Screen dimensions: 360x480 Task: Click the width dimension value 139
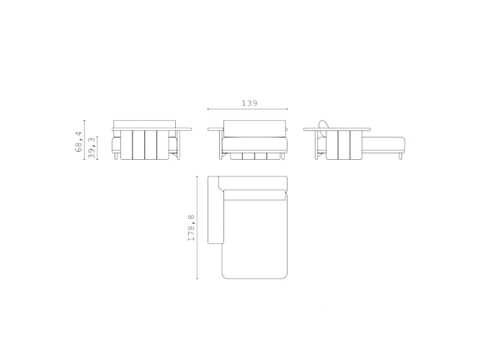(x=249, y=104)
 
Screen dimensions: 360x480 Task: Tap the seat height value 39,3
(x=91, y=148)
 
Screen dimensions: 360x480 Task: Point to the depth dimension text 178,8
(x=191, y=227)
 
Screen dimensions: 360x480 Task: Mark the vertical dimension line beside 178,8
(x=197, y=228)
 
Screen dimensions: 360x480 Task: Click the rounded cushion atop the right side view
(x=324, y=124)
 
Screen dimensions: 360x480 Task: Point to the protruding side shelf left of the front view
(x=215, y=130)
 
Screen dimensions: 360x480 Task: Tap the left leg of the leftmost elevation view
(x=116, y=156)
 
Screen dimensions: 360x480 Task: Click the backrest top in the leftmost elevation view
(x=145, y=123)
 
